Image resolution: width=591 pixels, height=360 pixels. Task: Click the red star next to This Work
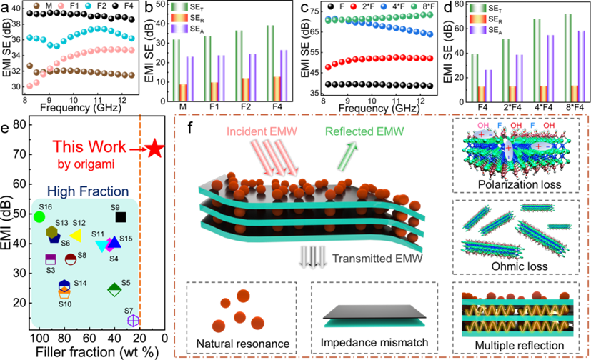coord(154,148)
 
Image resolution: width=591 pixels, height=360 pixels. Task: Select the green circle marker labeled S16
coord(39,216)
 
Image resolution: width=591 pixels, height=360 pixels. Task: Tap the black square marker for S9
coord(121,217)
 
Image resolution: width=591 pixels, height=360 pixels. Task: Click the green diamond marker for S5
coord(114,289)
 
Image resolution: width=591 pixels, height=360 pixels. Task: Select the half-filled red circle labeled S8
coord(71,259)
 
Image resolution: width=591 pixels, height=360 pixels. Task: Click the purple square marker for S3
coord(51,259)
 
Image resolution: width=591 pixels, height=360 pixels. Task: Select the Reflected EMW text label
coord(364,131)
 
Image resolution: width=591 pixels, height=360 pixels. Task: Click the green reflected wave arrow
coord(348,156)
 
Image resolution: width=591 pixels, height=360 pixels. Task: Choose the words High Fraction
coord(88,191)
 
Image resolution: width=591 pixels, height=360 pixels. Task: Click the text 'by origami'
coord(86,164)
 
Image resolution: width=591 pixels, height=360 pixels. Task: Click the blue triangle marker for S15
coord(114,242)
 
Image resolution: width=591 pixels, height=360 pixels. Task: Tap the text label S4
coord(114,259)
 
